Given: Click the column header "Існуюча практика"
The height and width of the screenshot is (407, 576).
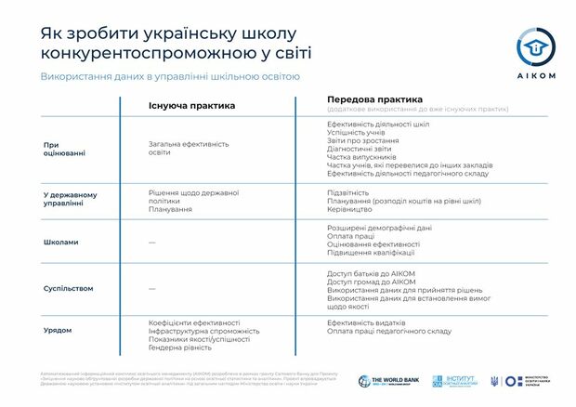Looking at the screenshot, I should click(191, 105).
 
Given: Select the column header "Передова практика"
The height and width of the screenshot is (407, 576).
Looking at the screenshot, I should click(374, 98).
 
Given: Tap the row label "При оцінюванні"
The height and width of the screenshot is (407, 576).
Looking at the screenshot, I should click(64, 149).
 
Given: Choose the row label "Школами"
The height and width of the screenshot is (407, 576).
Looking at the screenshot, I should click(61, 243).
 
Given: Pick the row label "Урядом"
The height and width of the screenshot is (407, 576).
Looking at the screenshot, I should click(58, 330).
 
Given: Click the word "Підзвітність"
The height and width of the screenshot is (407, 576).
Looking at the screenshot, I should click(350, 192).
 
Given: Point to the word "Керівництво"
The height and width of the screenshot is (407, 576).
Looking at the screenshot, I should click(350, 209).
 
